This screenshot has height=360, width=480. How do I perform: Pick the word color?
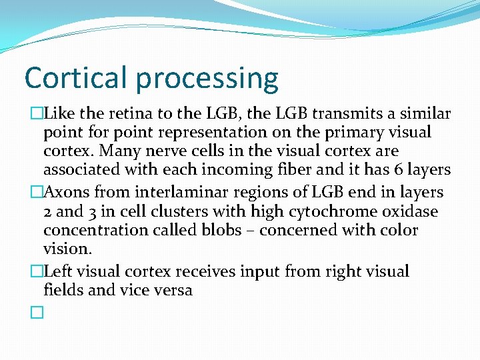coord(397,230)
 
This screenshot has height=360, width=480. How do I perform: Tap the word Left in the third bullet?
coord(58,271)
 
